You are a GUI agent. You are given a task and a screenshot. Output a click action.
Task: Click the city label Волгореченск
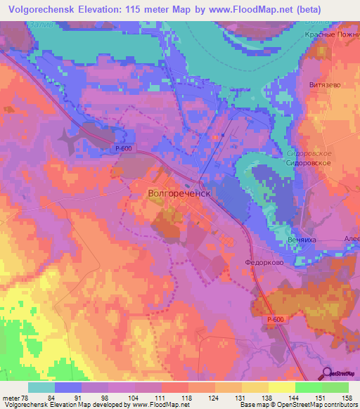179,190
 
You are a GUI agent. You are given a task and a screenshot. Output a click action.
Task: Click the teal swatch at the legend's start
41,387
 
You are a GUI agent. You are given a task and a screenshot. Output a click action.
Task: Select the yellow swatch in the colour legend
282,387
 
